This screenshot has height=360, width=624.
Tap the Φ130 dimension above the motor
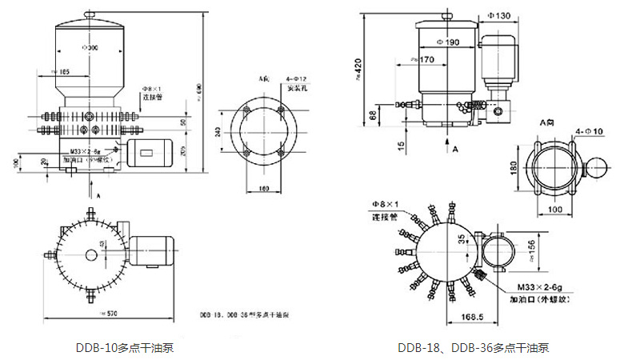coord(498,16)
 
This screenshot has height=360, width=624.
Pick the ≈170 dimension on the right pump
coord(425,58)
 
